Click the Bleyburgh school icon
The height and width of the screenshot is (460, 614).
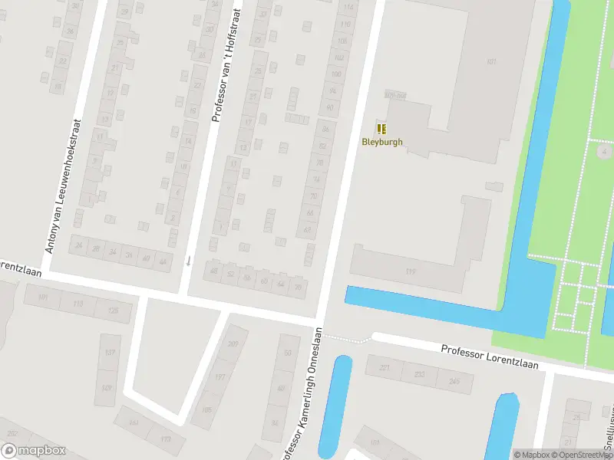coord(381,129)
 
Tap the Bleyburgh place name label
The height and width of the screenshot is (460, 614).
coord(381,142)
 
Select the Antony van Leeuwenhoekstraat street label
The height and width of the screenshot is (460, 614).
coord(64,186)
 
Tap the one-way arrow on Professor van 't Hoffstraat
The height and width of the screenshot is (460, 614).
coord(188,261)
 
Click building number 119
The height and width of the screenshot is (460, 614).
coord(411,272)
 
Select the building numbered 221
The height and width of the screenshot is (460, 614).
coord(385,370)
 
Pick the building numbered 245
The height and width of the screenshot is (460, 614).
coord(454,381)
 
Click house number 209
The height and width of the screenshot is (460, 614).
coord(233,343)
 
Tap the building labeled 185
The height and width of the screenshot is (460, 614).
coord(206,410)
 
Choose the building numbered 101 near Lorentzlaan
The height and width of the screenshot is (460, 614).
coord(43,297)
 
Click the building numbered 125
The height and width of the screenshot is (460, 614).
coord(114,309)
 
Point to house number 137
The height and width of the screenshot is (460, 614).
coord(110,353)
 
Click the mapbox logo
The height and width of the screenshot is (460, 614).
coord(32,450)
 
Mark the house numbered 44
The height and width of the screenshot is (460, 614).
coord(162,261)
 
